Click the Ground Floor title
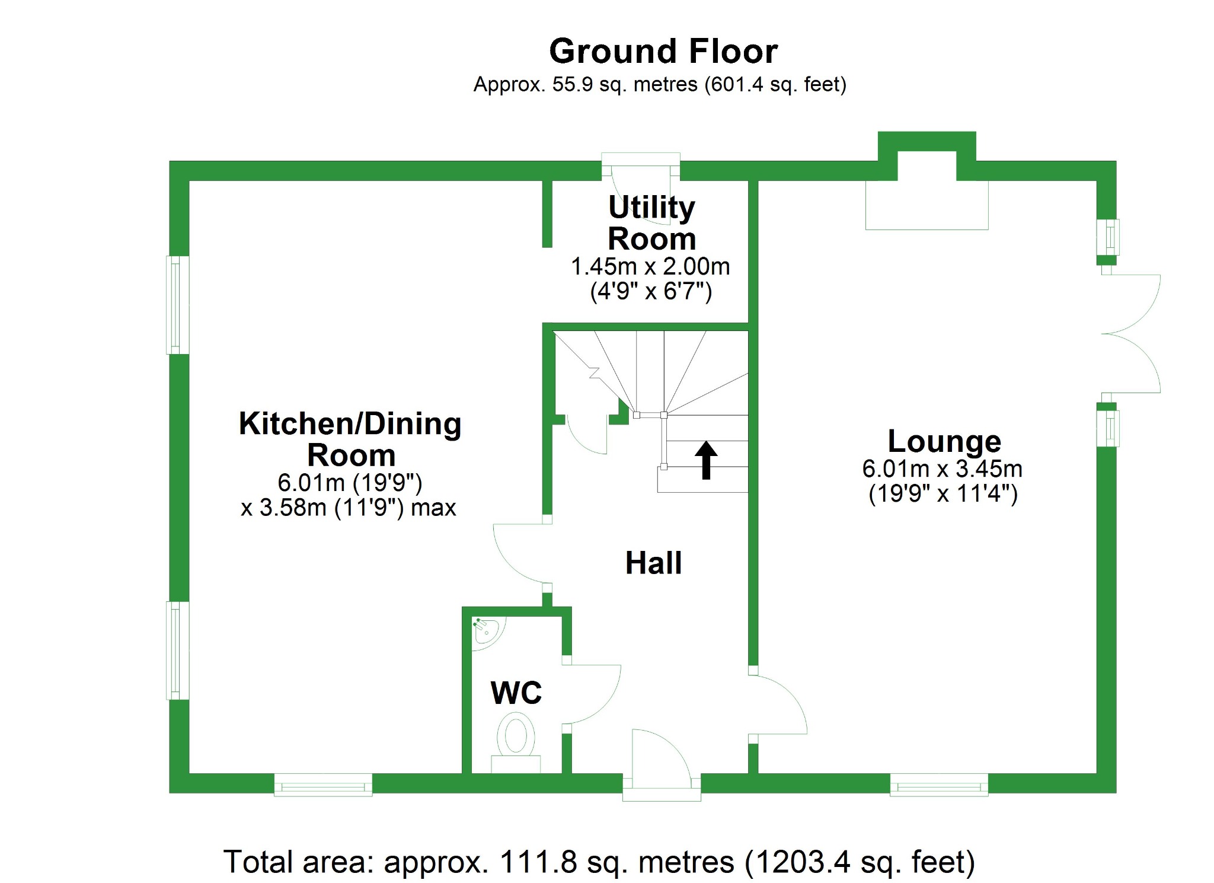click(x=663, y=51)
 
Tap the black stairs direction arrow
click(x=705, y=460)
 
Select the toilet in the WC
click(x=516, y=738)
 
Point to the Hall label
click(x=653, y=563)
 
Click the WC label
click(x=516, y=693)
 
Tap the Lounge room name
click(x=944, y=441)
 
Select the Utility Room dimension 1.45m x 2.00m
click(x=650, y=267)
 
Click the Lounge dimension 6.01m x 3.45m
click(x=942, y=469)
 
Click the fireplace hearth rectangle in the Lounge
click(x=926, y=205)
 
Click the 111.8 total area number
click(x=538, y=862)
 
